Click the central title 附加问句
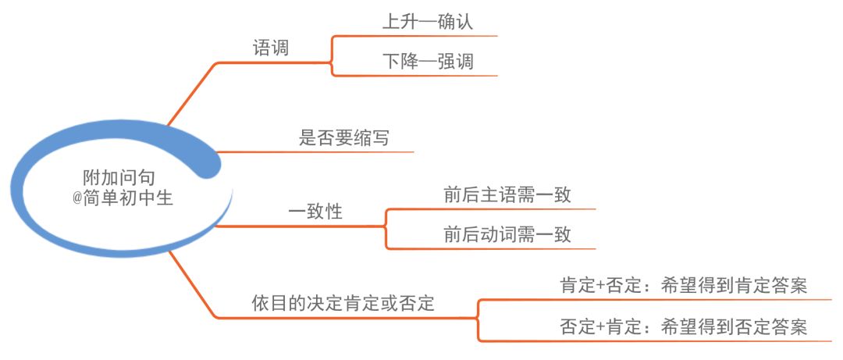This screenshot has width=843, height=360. coord(119,178)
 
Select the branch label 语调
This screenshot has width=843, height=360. coord(271,48)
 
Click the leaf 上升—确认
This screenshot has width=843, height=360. coord(428,22)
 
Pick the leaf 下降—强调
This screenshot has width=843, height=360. coord(428,62)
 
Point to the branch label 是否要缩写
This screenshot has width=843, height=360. coord(344,139)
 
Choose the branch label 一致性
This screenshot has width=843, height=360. coord(315,212)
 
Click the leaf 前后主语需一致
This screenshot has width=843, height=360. coord(507,195)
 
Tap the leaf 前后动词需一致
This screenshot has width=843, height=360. coord(507,235)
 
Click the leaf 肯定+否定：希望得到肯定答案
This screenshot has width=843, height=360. coord(683,287)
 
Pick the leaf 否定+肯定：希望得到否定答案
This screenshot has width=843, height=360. coord(683,326)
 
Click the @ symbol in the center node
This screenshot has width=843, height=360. coord(77,199)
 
